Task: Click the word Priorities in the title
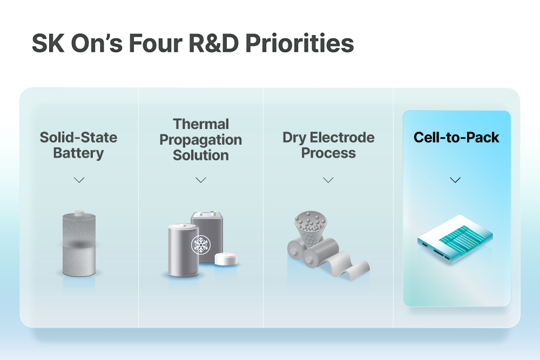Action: (x=300, y=43)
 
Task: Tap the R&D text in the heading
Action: (x=214, y=43)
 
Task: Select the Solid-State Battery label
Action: (x=78, y=145)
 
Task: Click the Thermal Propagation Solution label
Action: (x=201, y=139)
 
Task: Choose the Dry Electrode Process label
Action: (x=328, y=145)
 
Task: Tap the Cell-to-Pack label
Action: (x=456, y=137)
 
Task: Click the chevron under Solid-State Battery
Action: (x=79, y=180)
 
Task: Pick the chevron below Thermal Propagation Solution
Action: (x=201, y=180)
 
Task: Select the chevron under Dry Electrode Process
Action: (x=328, y=180)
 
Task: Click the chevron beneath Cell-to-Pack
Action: (x=455, y=180)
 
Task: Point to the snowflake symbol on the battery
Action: (x=201, y=244)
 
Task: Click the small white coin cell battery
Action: (x=226, y=259)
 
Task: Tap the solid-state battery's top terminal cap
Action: (x=79, y=213)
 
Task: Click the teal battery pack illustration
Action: (x=455, y=239)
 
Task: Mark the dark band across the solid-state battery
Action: (x=79, y=244)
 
